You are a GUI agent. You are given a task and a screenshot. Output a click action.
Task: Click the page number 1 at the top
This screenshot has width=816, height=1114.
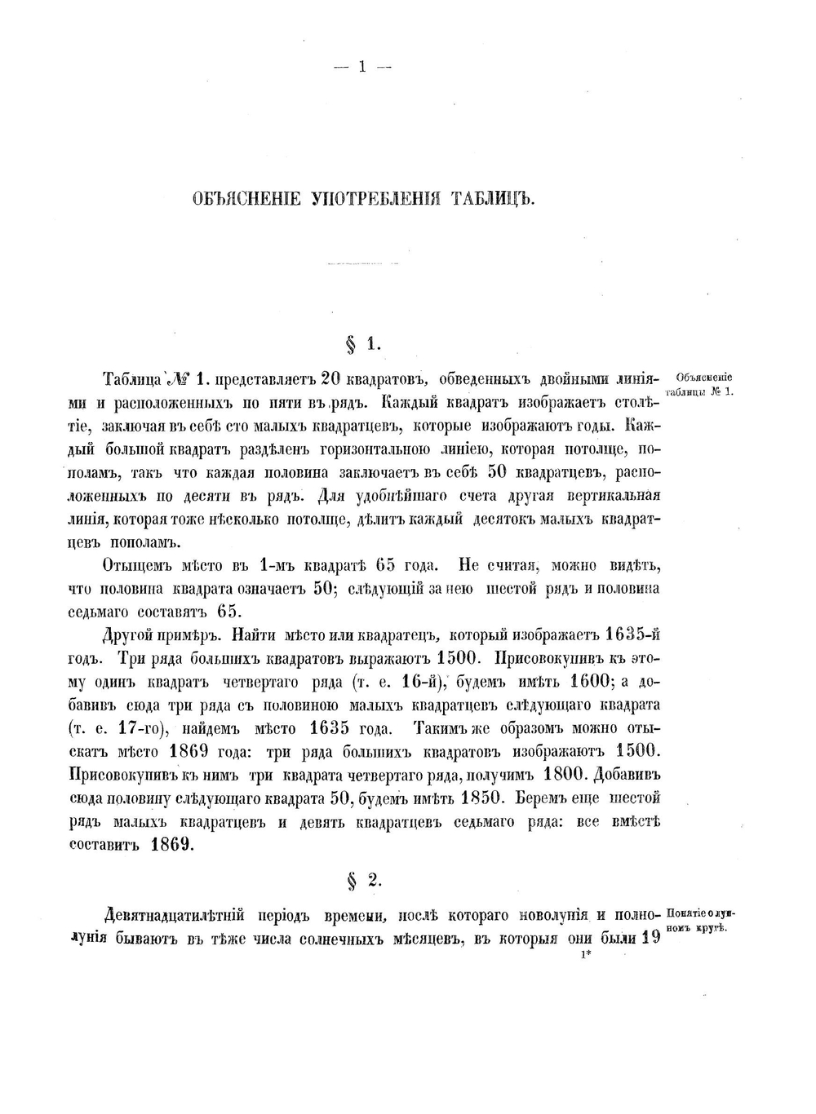[x=362, y=68]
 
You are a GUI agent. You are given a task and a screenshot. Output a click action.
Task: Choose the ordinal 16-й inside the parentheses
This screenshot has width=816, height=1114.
[x=423, y=681]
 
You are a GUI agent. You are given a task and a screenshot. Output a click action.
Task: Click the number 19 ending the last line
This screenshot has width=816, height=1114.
[x=650, y=938]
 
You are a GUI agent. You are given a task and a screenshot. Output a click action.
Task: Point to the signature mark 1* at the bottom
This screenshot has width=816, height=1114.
[x=585, y=957]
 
